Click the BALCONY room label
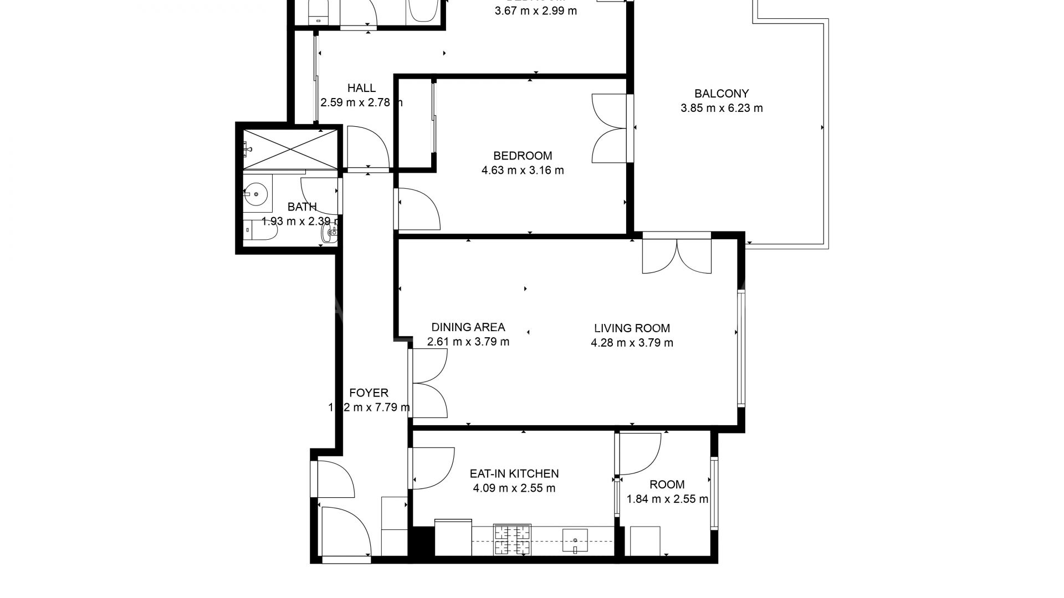click(x=722, y=94)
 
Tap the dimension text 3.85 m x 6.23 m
click(x=722, y=109)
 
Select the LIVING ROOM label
click(x=632, y=328)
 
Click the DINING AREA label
click(x=468, y=327)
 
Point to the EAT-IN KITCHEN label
click(x=514, y=473)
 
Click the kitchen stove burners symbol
click(x=513, y=539)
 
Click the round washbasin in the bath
click(x=256, y=194)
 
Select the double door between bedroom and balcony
click(x=610, y=128)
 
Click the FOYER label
click(x=369, y=393)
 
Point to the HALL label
click(x=361, y=87)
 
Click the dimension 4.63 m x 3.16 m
click(x=523, y=171)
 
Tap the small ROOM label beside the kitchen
click(x=667, y=484)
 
